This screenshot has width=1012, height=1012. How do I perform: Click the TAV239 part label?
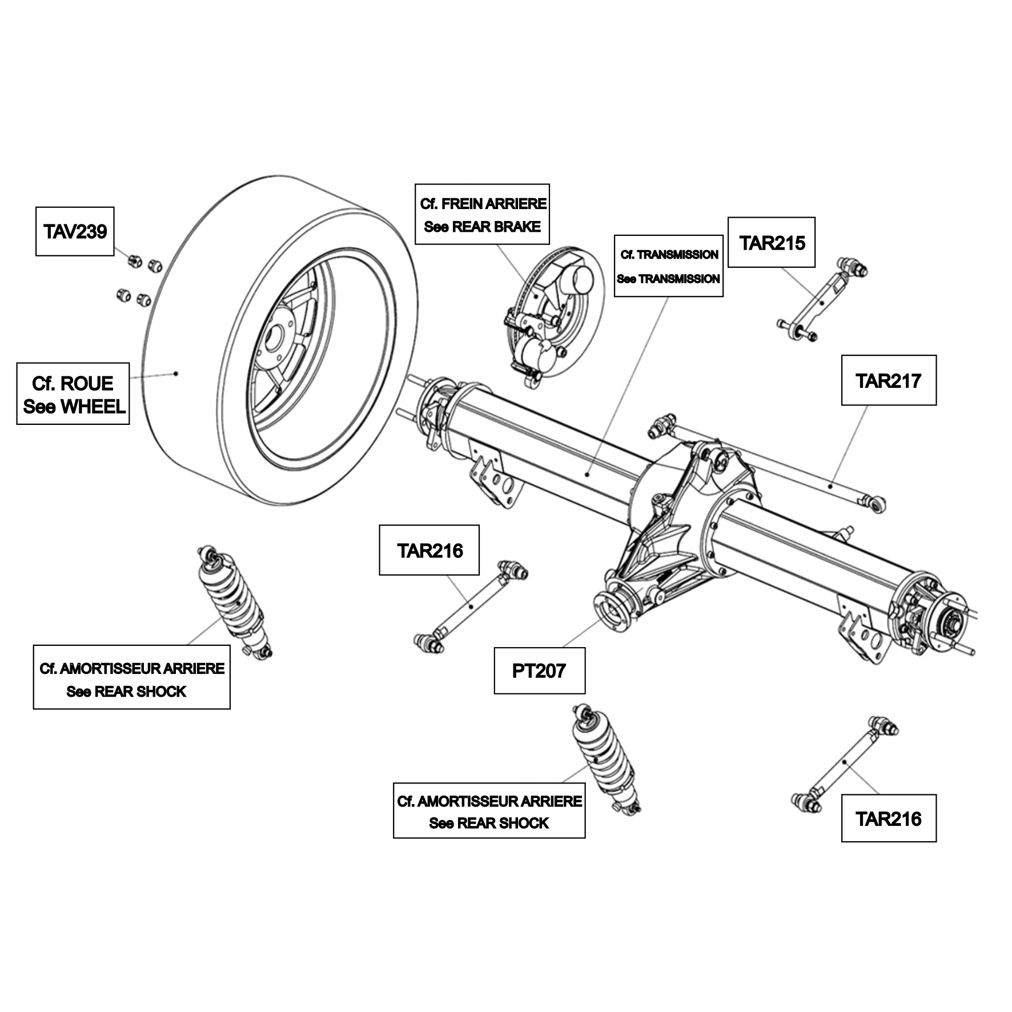pyautogui.click(x=75, y=231)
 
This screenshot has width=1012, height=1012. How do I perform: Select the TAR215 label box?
pyautogui.click(x=771, y=242)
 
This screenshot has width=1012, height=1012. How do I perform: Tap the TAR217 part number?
pyautogui.click(x=888, y=381)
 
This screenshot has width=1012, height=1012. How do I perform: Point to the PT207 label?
pyautogui.click(x=539, y=670)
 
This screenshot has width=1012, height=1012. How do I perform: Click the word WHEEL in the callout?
pyautogui.click(x=93, y=407)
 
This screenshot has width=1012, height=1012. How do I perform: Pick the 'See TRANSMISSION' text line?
pyautogui.click(x=668, y=279)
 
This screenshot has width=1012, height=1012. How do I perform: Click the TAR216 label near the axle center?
pyautogui.click(x=429, y=551)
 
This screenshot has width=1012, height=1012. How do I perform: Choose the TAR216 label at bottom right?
pyautogui.click(x=889, y=819)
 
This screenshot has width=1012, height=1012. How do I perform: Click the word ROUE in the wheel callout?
pyautogui.click(x=87, y=383)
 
